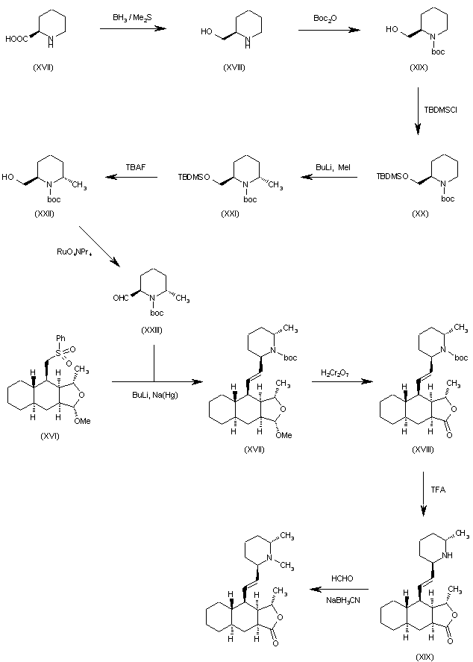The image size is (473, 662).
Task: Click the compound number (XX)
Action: tap(420, 213)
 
